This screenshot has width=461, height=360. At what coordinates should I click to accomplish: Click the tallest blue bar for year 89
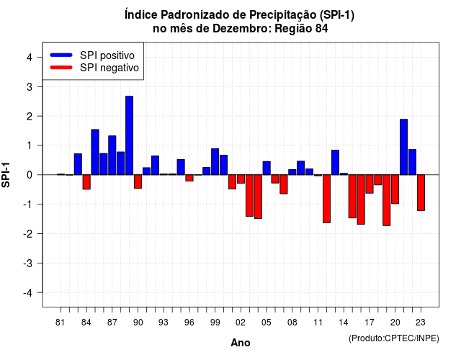coord(130,135)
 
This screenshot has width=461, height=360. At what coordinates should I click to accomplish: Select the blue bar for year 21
coord(403,147)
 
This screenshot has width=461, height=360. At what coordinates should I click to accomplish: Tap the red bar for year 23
coord(421,193)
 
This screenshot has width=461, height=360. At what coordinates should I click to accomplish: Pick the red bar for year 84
coord(86,182)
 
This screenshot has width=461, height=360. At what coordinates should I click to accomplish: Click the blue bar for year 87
coord(112,156)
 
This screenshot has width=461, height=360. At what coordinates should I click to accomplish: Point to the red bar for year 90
coord(138,181)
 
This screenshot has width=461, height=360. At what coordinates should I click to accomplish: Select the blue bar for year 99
coord(215,161)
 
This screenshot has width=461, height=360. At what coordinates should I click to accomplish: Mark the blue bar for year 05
coord(267,168)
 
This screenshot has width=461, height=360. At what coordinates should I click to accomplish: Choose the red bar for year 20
coord(395,189)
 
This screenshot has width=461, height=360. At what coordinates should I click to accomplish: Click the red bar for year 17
coord(370,184)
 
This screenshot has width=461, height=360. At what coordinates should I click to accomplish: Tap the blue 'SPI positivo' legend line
coord(61,55)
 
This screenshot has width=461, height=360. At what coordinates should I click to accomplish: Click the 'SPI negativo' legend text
coord(109,68)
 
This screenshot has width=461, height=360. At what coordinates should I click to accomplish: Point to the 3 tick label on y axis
coord(30,86)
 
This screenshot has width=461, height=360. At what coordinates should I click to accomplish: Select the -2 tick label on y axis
coord(28,233)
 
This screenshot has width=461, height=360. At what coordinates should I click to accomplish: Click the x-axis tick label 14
coord(344,323)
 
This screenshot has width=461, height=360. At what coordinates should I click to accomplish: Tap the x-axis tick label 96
coord(189,323)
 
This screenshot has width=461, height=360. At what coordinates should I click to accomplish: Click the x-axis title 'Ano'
coord(241,343)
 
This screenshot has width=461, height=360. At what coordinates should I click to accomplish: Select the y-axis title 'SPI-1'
coord(6,175)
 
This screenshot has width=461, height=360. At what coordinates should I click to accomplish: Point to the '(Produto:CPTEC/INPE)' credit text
coord(394,338)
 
